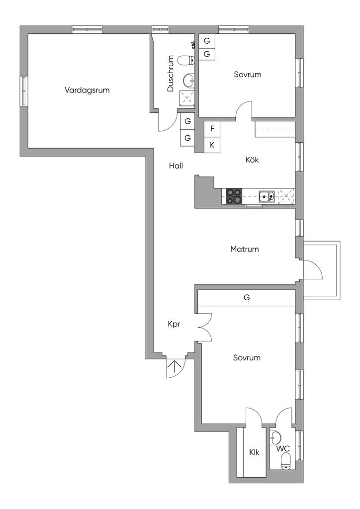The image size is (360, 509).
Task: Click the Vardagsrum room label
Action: pyautogui.click(x=87, y=90)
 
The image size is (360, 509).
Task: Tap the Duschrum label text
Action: pyautogui.click(x=171, y=74)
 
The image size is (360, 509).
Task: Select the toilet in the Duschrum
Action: pyautogui.click(x=185, y=61)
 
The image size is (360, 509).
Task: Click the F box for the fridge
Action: pyautogui.click(x=212, y=128)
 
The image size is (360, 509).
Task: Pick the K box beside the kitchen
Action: pyautogui.click(x=212, y=145)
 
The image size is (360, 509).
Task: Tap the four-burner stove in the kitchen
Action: pyautogui.click(x=235, y=196)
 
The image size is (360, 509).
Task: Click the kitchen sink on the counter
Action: pyautogui.click(x=266, y=196)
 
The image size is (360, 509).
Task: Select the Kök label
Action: pyautogui.click(x=252, y=160)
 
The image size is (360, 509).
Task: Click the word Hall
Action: pyautogui.click(x=176, y=167)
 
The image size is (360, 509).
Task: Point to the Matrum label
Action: pyautogui.click(x=245, y=249)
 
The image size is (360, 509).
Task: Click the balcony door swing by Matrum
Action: pyautogui.click(x=313, y=271)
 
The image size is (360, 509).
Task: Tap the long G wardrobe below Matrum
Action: pyautogui.click(x=246, y=298)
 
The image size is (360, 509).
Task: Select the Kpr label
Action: pyautogui.click(x=174, y=324)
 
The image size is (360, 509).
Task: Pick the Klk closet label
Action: pyautogui.click(x=254, y=452)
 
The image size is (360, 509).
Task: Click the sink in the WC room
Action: pyautogui.click(x=275, y=437)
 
